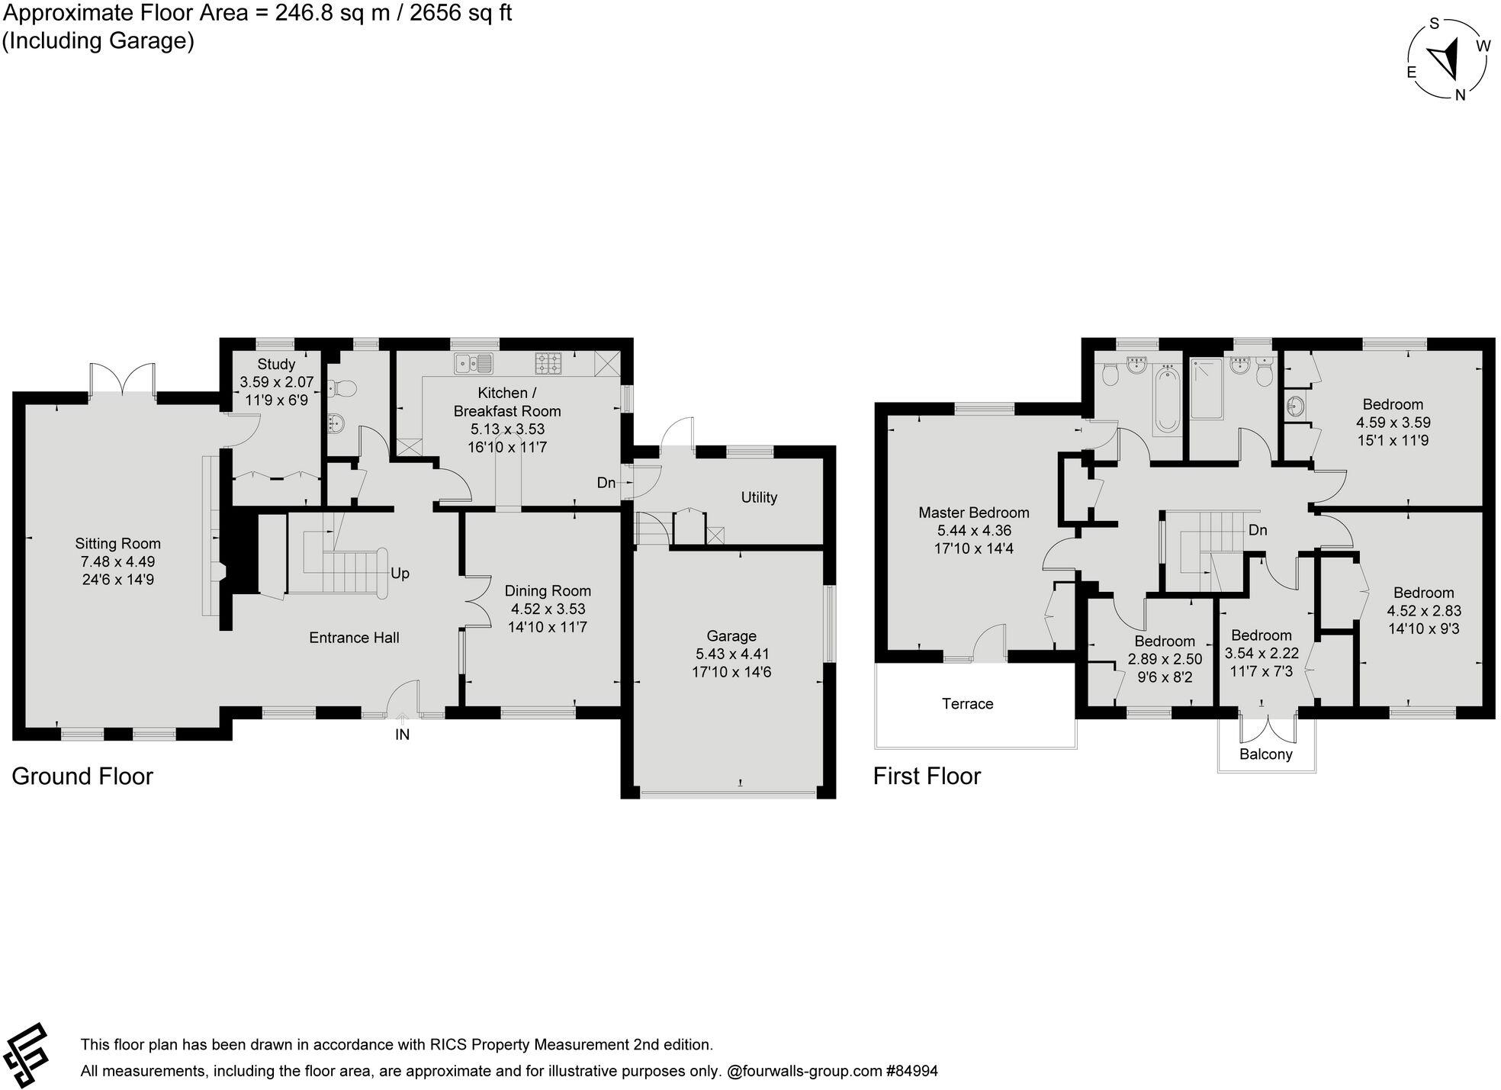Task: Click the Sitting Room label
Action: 117,543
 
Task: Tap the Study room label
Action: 275,364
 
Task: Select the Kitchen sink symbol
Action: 474,363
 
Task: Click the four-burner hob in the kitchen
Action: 548,363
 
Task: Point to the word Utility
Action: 758,497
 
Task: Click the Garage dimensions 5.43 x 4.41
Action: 731,654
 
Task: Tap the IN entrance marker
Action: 402,735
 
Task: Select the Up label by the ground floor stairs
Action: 400,573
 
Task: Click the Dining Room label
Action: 547,590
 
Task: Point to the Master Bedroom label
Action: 973,513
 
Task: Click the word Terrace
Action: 967,703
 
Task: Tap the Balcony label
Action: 1265,754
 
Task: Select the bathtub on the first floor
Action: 1166,400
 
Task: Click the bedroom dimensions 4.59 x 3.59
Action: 1393,422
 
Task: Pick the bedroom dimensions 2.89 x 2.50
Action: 1164,658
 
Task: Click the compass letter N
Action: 1460,95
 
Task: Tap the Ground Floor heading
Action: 82,776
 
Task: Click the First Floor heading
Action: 927,776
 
